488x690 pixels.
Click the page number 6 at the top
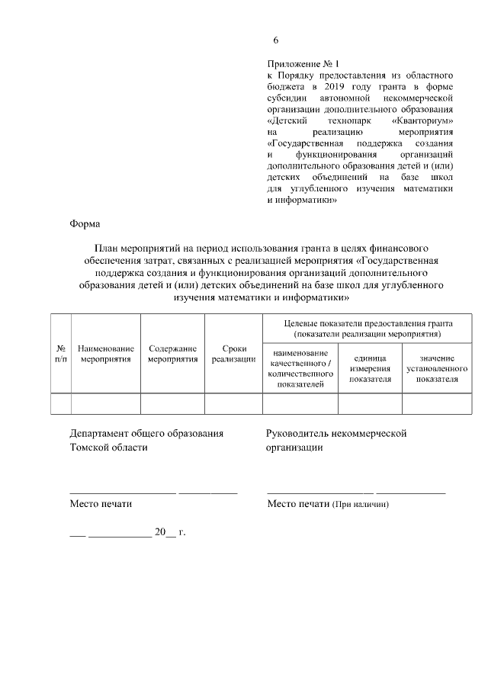(x=276, y=40)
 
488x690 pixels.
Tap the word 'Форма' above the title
(x=85, y=224)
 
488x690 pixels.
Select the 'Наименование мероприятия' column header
(x=106, y=352)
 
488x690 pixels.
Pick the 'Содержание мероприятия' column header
(x=173, y=352)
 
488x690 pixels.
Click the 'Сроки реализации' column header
(x=233, y=352)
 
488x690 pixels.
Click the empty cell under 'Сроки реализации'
(x=233, y=403)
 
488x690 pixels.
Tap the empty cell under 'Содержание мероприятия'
(x=173, y=403)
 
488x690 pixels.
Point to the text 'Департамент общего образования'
(x=146, y=433)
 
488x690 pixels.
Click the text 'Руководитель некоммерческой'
(x=335, y=433)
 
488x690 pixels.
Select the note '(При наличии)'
(x=361, y=505)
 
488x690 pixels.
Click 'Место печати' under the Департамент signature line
(x=101, y=504)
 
